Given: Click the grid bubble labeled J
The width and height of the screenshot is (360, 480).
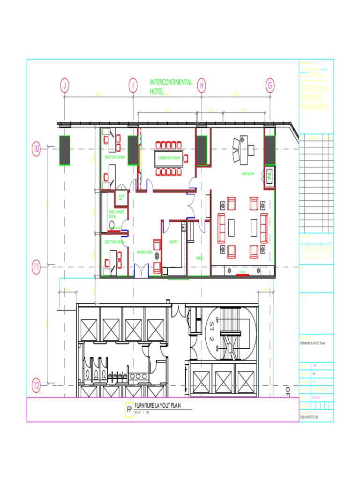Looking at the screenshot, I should click(65, 86).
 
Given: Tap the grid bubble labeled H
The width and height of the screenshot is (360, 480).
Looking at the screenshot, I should click(202, 86).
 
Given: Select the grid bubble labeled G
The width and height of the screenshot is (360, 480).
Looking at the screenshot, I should click(270, 86).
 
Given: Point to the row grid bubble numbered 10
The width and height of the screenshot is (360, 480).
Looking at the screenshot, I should click(36, 149).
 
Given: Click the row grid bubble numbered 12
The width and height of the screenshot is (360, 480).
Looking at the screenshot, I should click(36, 386).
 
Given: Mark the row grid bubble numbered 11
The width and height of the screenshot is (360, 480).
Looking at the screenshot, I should click(36, 267).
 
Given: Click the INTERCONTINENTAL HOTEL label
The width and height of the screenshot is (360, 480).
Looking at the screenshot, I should click(171, 87).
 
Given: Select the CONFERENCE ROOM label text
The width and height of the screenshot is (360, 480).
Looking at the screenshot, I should click(169, 158).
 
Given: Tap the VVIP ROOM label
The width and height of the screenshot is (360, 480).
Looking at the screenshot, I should click(247, 174).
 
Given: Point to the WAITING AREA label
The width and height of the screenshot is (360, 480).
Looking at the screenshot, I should click(144, 252).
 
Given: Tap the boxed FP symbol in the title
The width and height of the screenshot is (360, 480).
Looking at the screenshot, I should click(128, 409).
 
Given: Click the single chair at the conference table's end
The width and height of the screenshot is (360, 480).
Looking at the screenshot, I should click(186, 158).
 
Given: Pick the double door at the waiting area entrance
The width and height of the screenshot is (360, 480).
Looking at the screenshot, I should click(141, 271).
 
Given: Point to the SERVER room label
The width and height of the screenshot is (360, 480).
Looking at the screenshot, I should click(121, 197).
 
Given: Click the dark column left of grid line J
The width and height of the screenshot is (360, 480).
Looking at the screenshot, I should click(64, 150).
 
